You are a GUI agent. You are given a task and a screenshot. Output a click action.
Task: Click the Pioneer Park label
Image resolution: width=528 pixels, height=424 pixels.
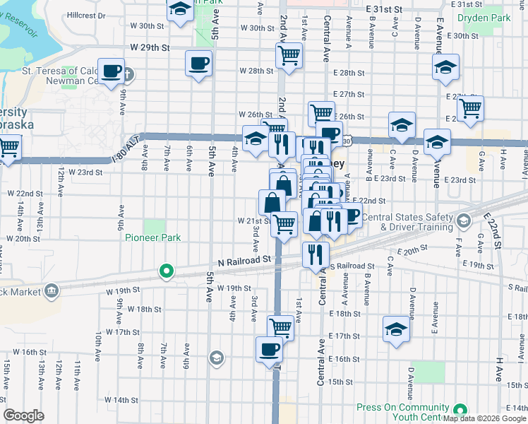click(153, 238)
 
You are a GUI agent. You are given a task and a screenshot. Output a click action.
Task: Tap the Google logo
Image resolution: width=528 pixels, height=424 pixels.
click(24, 416)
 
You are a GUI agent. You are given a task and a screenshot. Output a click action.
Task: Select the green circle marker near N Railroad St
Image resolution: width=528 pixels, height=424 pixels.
click(167, 271)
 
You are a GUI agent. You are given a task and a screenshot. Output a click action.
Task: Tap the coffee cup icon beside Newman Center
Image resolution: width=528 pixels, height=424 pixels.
click(112, 71)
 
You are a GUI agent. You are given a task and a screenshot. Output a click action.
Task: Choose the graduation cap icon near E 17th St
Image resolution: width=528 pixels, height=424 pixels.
click(395, 329)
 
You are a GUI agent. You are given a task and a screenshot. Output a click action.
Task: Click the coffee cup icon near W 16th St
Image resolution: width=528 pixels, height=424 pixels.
click(269, 349)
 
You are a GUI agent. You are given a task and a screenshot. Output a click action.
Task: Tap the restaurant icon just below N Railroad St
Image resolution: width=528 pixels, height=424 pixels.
click(314, 252)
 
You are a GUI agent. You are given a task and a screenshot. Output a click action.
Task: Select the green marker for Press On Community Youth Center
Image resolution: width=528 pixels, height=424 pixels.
click(461, 410)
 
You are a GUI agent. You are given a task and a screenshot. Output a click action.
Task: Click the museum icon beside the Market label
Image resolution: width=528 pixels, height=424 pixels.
click(51, 290)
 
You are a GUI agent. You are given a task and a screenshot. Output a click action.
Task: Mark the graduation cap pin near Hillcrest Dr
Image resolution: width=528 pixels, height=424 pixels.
click(181, 9)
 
